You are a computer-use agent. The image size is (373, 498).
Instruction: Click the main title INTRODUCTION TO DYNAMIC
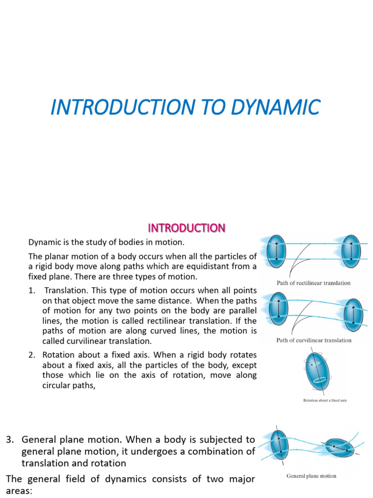pos(185,107)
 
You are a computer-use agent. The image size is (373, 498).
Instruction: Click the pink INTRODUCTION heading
pos(186,228)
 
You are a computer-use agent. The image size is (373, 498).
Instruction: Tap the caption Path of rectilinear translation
pos(313,283)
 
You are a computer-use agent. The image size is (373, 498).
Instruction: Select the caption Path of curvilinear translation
pos(313,340)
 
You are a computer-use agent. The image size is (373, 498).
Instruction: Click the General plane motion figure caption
pos(311,476)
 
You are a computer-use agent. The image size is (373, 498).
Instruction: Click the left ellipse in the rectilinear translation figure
pos(277,251)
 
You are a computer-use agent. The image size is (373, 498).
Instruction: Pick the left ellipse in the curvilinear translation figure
pos(279,308)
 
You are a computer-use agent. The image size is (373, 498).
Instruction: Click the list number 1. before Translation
pos(32,291)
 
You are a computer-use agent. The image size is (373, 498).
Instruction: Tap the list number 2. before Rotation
pos(32,356)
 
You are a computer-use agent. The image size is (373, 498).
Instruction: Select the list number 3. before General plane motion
pos(10,440)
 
